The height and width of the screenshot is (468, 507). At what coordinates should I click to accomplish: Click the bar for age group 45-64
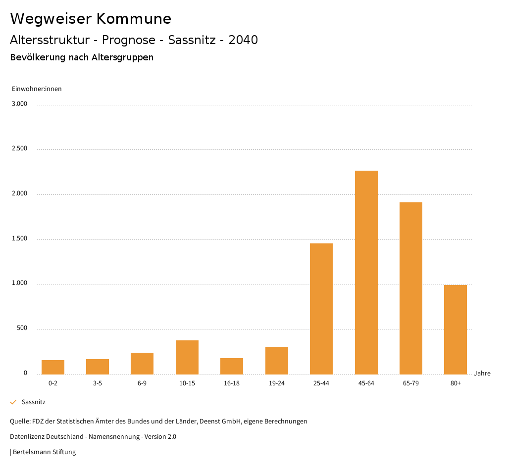[366, 272]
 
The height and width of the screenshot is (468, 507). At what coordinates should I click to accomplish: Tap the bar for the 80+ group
[455, 329]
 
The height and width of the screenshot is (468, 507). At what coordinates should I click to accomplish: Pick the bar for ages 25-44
[321, 309]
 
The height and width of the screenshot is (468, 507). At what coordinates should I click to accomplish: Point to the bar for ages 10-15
[187, 357]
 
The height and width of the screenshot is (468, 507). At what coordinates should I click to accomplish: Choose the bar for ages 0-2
[52, 367]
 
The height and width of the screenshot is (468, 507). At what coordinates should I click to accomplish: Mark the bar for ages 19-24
[276, 360]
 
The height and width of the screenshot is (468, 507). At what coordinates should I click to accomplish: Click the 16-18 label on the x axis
[232, 383]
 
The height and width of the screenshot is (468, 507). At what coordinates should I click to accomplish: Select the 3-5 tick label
[98, 383]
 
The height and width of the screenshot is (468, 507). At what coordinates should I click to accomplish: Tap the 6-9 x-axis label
[142, 383]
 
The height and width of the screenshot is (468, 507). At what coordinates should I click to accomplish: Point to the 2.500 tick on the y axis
[20, 149]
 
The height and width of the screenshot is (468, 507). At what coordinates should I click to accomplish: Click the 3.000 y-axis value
[20, 104]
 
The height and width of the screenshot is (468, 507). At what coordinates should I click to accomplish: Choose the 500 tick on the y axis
[22, 328]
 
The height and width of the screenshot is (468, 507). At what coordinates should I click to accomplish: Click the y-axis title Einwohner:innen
[37, 89]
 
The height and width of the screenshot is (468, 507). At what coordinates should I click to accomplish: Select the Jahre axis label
[482, 374]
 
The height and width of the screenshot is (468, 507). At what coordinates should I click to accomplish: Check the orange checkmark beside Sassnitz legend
[13, 402]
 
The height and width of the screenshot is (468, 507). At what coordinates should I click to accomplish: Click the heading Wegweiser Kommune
[91, 19]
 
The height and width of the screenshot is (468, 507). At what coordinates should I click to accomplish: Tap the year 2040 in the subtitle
[243, 40]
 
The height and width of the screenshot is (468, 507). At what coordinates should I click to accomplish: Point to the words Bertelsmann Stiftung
[44, 452]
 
